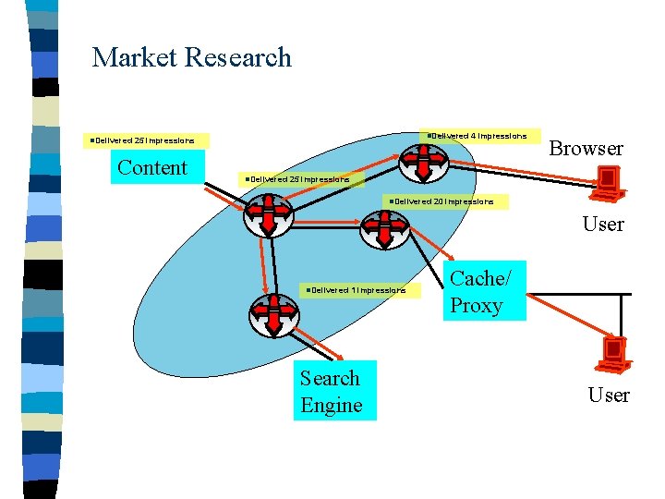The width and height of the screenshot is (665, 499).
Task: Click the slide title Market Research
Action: point(191,57)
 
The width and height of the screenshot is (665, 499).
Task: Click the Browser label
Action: point(586,149)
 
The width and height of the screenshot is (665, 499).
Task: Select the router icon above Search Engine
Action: point(274,314)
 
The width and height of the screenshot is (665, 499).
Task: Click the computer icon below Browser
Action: point(608,183)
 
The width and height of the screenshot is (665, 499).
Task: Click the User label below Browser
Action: point(603,225)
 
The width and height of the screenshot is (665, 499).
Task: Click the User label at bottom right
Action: point(609,396)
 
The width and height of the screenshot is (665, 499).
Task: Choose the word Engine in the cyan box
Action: point(331,406)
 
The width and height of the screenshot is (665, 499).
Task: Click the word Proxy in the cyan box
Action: point(476,306)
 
